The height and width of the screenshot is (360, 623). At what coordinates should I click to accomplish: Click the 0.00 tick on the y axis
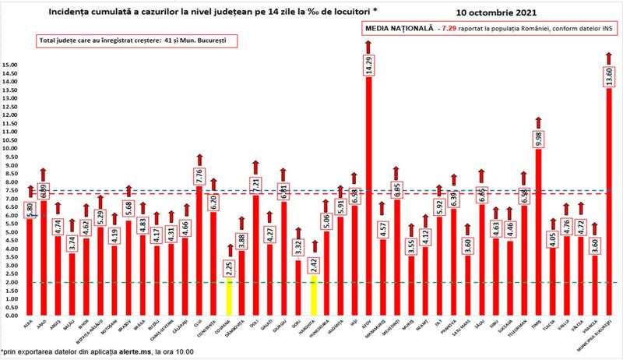12,316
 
